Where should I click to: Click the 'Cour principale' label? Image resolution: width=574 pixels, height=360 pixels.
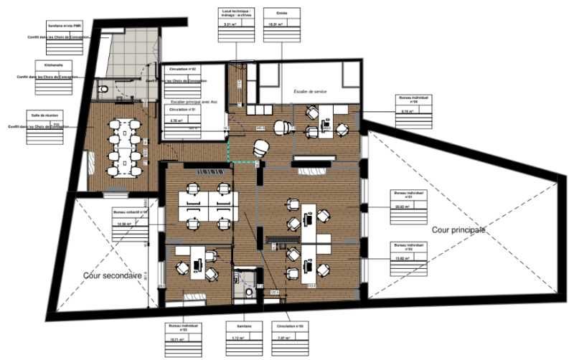[x=458, y=230]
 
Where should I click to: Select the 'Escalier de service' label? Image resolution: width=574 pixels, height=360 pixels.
[x=314, y=92]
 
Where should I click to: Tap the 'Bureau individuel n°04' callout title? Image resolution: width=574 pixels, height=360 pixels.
[x=414, y=100]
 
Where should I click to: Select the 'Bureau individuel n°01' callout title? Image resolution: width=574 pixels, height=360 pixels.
[x=409, y=195]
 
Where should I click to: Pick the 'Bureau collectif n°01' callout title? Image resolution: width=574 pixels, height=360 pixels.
[x=131, y=212]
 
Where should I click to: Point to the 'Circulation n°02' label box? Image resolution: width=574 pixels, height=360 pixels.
[x=184, y=69]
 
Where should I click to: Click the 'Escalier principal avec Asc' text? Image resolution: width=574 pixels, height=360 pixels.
[x=189, y=102]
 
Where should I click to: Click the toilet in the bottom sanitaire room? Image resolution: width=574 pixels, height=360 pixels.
[x=249, y=292]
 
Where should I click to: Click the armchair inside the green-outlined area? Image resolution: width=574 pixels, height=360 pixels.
[x=259, y=148]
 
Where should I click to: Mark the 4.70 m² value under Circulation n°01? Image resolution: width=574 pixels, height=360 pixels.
[x=174, y=121]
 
